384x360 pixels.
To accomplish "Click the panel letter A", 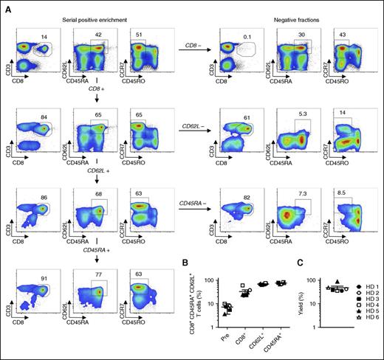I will (6, 6).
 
